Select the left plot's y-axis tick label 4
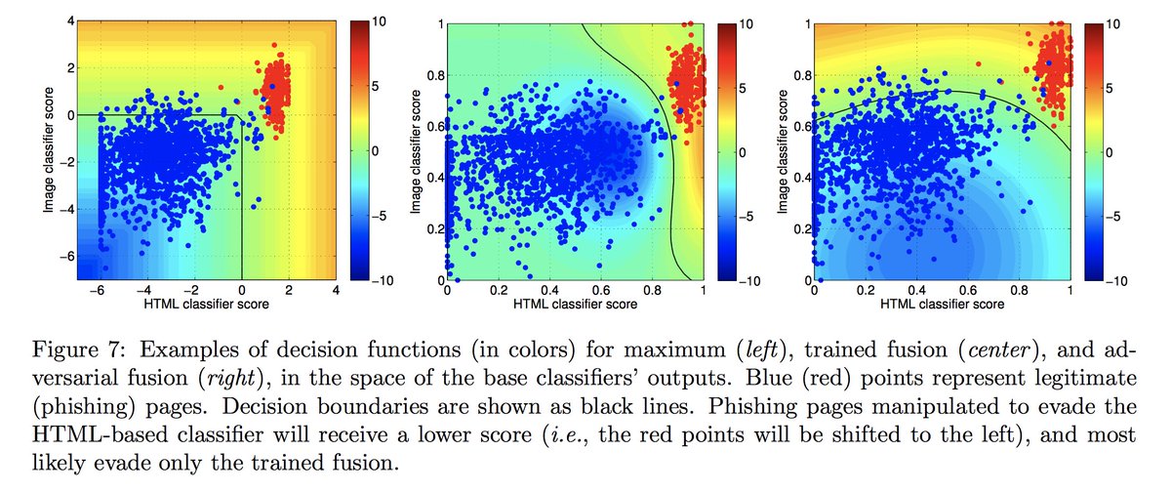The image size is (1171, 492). pos(87,21)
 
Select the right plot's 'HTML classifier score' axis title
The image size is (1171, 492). pos(942,305)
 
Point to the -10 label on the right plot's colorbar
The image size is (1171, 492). pos(1114,281)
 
